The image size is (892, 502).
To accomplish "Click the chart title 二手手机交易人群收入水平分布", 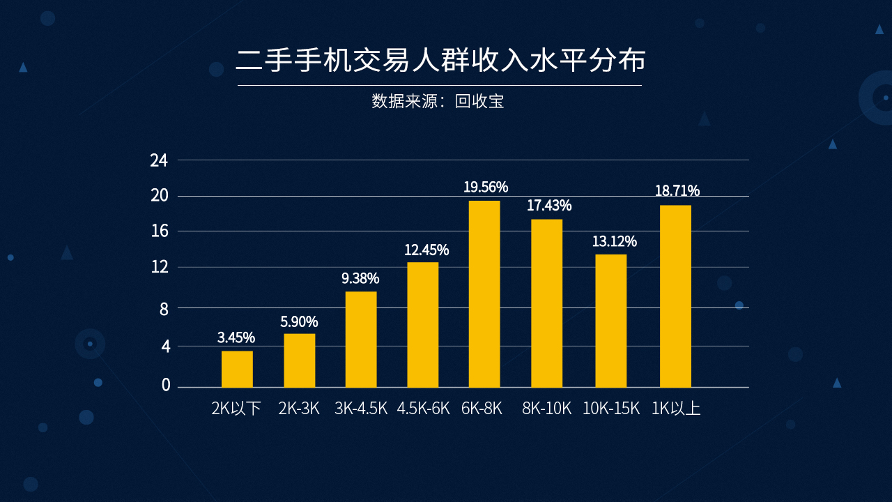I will pyautogui.click(x=440, y=60).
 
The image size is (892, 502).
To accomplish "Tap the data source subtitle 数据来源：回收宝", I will pyautogui.click(x=438, y=102).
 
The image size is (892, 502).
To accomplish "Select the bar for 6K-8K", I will pyautogui.click(x=484, y=294).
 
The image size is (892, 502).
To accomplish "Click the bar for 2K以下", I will pyautogui.click(x=237, y=369).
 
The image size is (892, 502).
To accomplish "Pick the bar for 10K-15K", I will pyautogui.click(x=610, y=321).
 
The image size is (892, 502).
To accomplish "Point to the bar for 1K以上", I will pyautogui.click(x=675, y=296).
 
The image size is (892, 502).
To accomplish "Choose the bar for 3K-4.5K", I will pyautogui.click(x=361, y=339).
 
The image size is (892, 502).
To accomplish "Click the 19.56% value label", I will pyautogui.click(x=486, y=187).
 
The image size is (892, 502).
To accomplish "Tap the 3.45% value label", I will pyautogui.click(x=236, y=338).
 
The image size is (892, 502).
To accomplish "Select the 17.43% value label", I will pyautogui.click(x=549, y=206).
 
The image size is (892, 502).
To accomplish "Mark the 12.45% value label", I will pyautogui.click(x=426, y=250).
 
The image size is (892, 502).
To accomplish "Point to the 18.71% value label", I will pyautogui.click(x=677, y=191).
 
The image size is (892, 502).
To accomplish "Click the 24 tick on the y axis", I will pyautogui.click(x=159, y=161).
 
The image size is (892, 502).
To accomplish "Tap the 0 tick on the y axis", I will pyautogui.click(x=165, y=385).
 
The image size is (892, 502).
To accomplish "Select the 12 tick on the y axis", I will pyautogui.click(x=159, y=267).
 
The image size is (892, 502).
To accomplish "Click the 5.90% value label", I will pyautogui.click(x=299, y=322).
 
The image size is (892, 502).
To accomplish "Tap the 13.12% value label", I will pyautogui.click(x=614, y=242).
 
